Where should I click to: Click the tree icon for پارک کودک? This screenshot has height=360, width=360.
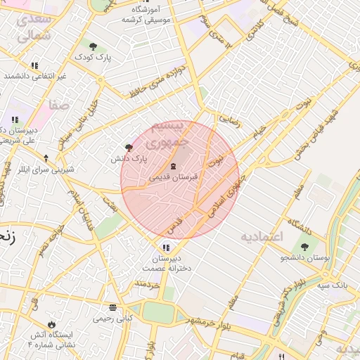pos(93,46)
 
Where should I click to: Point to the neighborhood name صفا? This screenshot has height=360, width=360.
pos(58,105)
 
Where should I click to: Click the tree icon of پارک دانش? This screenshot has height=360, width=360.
pos(128,148)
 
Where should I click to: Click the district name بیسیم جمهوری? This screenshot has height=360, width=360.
pos(181,133)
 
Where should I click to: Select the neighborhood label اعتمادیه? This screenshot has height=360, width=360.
pos(261,236)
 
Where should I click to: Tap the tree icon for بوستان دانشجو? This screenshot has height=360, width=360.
pos(304,247)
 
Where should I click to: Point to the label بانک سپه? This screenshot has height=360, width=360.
pos(333,285)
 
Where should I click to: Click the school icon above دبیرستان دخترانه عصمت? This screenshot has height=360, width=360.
pos(166,247)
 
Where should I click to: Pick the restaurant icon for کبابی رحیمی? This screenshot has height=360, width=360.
pos(112,307)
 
